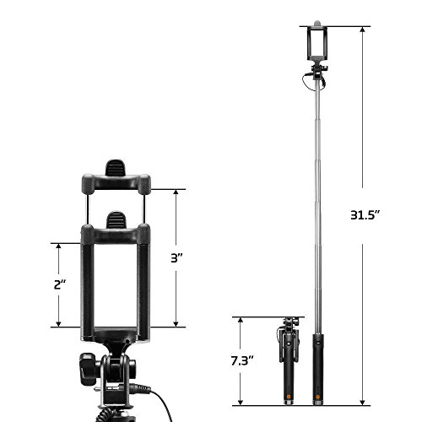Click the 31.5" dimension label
[365, 216]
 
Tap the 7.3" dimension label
[242, 360]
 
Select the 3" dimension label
[177, 258]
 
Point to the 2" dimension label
[60, 285]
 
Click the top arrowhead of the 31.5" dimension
[362, 30]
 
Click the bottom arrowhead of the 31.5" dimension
[362, 402]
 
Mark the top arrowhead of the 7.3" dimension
[241, 321]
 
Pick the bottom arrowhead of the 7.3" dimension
[241, 402]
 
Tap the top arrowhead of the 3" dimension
[176, 192]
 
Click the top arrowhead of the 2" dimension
[58, 246]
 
